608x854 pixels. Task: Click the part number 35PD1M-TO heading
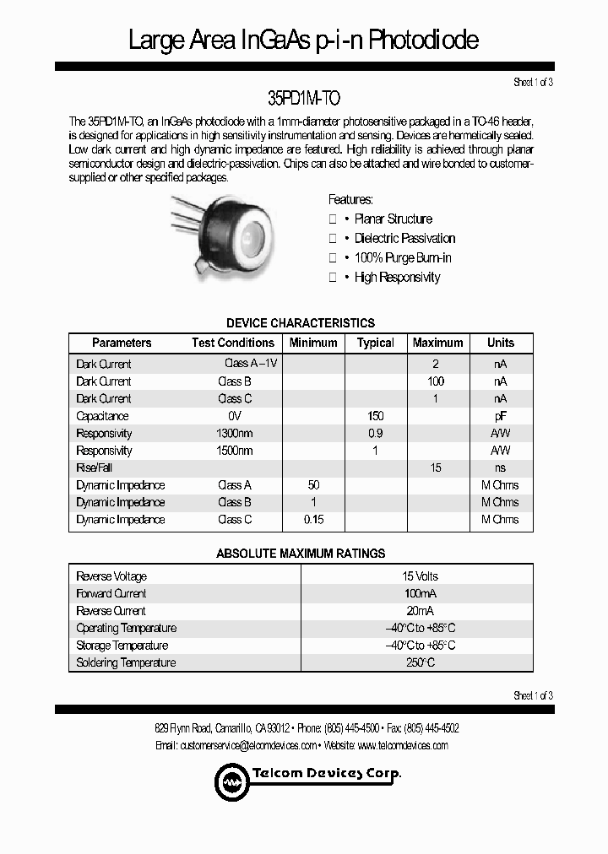pos(303,99)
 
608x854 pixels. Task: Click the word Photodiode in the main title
pos(413,40)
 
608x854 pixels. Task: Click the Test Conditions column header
pos(232,343)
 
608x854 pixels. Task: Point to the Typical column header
pos(375,343)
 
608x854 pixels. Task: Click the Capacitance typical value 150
pos(375,416)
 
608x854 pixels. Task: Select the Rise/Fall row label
pos(94,468)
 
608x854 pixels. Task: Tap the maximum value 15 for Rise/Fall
pos(436,468)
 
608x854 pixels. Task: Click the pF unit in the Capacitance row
pos(501,416)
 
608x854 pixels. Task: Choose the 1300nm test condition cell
pos(235,433)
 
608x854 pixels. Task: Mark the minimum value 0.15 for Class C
pos(313,520)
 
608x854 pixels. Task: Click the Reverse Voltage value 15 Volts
pos(420,576)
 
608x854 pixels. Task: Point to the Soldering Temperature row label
pos(126,663)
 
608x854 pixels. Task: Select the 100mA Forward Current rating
pos(420,594)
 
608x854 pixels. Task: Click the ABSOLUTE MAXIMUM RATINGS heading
pos(301,554)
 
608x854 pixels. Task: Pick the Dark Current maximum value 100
pos(436,381)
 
